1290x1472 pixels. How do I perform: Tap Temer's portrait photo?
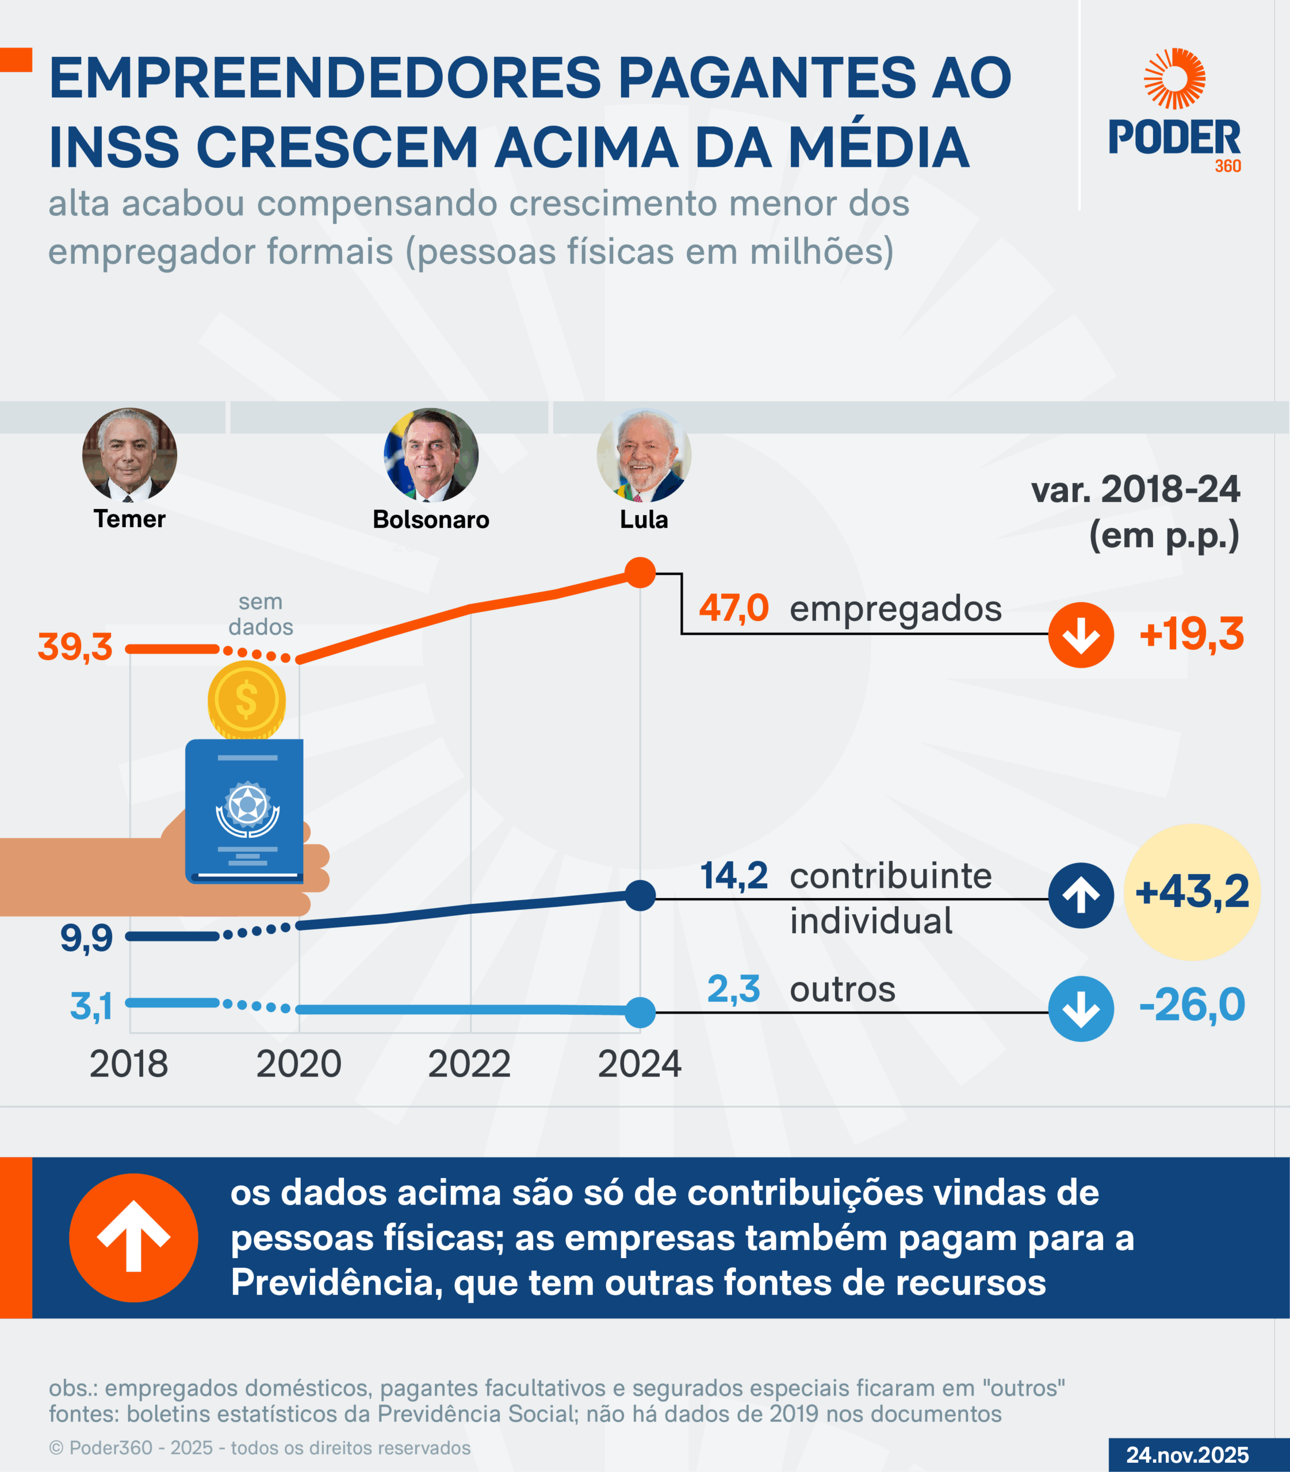129,455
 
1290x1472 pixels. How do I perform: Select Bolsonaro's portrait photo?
431,455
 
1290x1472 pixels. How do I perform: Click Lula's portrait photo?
644,455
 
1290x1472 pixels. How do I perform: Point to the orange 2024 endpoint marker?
640,573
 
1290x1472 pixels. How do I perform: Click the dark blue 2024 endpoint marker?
640,895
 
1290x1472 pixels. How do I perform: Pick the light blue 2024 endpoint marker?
640,1013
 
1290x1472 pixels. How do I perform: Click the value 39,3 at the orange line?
75,647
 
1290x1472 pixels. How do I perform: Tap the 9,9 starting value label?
86,938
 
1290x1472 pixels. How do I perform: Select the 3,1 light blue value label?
91,1006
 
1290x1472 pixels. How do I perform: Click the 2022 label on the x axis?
469,1064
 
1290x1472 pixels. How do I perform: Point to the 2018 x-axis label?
129,1064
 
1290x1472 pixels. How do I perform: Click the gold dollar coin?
247,700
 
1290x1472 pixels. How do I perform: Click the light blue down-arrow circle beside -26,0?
1081,1009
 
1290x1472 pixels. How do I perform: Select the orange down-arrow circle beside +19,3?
1081,635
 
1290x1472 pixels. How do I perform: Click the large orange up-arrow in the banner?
133,1237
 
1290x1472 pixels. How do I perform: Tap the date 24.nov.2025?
1187,1455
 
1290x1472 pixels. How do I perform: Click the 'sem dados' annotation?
261,614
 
